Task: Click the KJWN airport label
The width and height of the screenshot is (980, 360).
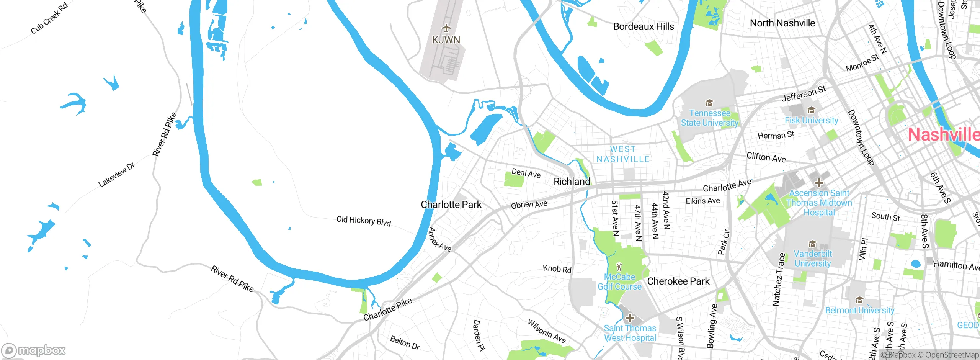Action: tap(446, 40)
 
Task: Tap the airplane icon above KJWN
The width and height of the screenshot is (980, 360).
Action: tap(446, 28)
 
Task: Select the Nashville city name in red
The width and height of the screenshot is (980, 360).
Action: tap(943, 135)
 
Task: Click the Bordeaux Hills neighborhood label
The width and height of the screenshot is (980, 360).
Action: tap(644, 26)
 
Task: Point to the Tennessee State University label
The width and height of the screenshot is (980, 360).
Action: tap(709, 118)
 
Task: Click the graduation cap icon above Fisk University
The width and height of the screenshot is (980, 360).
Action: tap(811, 111)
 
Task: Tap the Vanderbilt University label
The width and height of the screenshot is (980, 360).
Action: tap(812, 259)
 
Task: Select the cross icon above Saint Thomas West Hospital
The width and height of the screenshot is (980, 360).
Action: tap(630, 318)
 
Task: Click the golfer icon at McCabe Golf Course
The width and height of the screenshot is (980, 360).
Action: tap(619, 266)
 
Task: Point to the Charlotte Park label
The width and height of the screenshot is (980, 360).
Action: tap(451, 205)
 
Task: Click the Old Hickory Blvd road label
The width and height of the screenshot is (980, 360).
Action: tap(363, 221)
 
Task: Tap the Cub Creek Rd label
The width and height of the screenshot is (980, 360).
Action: tap(49, 18)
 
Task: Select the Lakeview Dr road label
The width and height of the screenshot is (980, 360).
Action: tap(116, 175)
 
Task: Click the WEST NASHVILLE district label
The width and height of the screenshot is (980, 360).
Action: tap(623, 154)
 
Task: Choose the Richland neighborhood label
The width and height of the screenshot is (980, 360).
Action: tap(572, 182)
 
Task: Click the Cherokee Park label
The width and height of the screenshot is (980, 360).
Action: tap(678, 281)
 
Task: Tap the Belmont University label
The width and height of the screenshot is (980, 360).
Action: tap(859, 310)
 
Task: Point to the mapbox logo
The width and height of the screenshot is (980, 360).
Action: tap(34, 350)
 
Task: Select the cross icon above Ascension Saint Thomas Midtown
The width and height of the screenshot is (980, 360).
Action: tap(819, 183)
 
